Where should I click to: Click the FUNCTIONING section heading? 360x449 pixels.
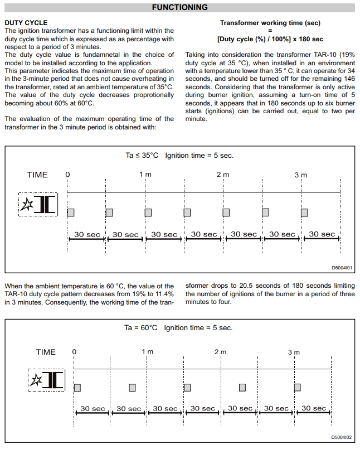coord(179,8)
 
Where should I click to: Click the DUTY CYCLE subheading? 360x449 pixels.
coord(26,23)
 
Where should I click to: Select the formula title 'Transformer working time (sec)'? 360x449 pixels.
coord(270,23)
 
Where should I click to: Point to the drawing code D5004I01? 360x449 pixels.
coord(342,268)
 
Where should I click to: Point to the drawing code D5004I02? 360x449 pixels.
coord(342,438)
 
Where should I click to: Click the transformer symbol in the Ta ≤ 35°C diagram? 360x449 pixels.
coord(38,205)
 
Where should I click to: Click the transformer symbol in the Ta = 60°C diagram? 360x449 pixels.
coord(47,380)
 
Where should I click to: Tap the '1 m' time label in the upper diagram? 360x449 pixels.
coord(145,175)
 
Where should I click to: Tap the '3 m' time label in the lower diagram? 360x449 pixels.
coord(294,352)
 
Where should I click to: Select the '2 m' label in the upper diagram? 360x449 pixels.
coord(223,175)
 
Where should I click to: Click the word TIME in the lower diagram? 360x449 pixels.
coord(46,352)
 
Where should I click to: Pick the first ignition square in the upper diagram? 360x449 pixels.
coord(71,212)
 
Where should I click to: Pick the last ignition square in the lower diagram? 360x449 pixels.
coord(298,387)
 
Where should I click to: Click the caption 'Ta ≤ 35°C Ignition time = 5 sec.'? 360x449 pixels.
coord(179,155)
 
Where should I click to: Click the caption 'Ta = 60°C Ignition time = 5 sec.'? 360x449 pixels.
coord(178,328)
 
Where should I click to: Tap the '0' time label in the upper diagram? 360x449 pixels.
coord(67,175)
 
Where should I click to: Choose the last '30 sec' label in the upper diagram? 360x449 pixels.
coord(322,234)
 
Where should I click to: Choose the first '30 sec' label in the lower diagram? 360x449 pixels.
coord(93,409)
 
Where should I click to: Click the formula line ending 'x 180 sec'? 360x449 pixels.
coord(270,39)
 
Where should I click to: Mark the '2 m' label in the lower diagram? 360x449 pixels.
coord(221,352)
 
